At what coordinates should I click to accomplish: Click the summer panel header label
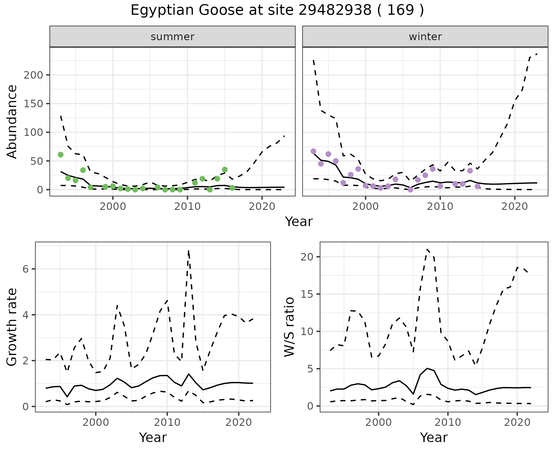click(x=173, y=37)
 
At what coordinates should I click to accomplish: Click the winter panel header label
click(x=425, y=37)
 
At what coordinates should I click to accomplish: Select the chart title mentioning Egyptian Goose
click(x=277, y=10)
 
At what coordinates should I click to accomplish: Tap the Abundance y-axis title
click(x=12, y=121)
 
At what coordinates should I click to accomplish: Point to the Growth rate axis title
click(x=12, y=327)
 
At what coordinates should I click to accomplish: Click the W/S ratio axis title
click(x=289, y=327)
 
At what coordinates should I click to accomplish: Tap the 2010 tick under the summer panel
click(x=187, y=207)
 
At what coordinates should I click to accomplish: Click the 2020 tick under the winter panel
click(x=515, y=207)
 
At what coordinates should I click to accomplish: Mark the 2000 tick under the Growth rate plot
click(x=96, y=422)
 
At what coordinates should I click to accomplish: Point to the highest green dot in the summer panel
click(x=61, y=155)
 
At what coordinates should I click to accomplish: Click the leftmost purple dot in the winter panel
click(x=313, y=151)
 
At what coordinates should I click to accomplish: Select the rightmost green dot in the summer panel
click(x=232, y=188)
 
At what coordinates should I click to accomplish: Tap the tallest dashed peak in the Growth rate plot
click(x=188, y=251)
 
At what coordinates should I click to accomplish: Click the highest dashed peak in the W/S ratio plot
click(x=427, y=249)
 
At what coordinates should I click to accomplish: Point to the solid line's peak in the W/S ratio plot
click(x=427, y=368)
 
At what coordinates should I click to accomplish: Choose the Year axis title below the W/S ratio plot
click(x=434, y=437)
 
